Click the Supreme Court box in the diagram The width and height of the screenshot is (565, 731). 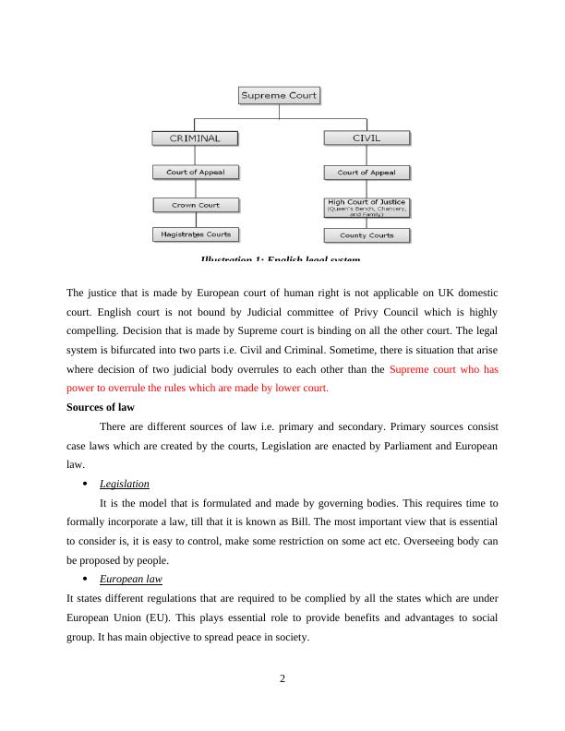(x=279, y=95)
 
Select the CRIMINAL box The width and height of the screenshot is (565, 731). (x=195, y=138)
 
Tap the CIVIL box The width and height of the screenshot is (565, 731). (x=367, y=138)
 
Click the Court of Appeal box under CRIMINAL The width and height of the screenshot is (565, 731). (x=195, y=172)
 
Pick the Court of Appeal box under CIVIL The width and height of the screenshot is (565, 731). (x=367, y=173)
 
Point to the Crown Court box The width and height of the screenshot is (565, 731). (x=195, y=205)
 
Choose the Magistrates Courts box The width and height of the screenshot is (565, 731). (x=195, y=235)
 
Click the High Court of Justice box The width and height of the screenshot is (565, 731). (x=367, y=206)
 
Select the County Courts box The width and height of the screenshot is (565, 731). (x=367, y=235)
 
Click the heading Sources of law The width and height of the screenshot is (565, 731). (x=101, y=407)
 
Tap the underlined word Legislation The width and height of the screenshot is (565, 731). (x=124, y=484)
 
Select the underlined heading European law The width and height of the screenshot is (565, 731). (x=130, y=579)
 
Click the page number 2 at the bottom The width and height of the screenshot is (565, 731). (x=282, y=679)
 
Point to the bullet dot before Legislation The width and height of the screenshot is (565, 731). (x=84, y=484)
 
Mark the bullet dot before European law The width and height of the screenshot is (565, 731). (x=84, y=579)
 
